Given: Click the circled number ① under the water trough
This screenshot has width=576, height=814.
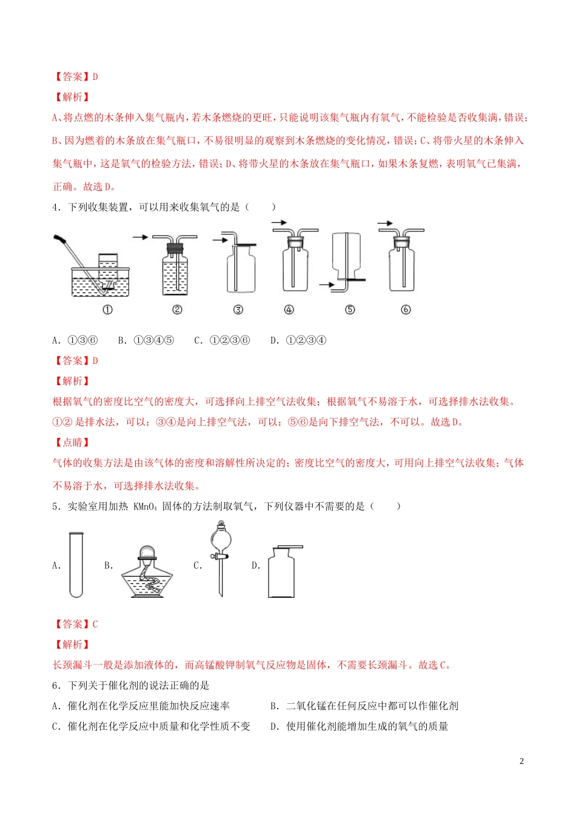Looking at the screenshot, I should (x=107, y=309).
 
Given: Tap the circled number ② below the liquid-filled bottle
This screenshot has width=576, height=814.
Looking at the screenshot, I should (x=177, y=309).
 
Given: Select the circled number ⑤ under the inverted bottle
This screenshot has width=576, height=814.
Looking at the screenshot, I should (x=350, y=309).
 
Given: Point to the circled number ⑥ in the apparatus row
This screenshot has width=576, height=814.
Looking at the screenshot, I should (x=406, y=309).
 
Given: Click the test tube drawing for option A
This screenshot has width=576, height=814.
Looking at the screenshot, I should (x=76, y=564).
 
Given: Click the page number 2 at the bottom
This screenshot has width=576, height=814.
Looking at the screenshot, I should (x=521, y=761).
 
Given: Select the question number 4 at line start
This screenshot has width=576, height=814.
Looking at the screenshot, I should (x=56, y=207).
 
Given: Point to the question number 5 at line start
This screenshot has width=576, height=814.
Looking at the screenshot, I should (x=56, y=506).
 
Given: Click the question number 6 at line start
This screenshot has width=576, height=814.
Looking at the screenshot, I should (x=56, y=686).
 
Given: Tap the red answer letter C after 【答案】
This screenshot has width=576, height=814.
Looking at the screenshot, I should (x=95, y=624).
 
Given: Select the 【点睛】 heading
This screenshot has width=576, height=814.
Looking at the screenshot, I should (x=72, y=442).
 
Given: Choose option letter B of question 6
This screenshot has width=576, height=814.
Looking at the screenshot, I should (x=274, y=706).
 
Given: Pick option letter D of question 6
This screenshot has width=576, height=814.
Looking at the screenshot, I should (x=274, y=726).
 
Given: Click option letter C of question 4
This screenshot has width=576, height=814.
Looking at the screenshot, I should (x=198, y=340).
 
